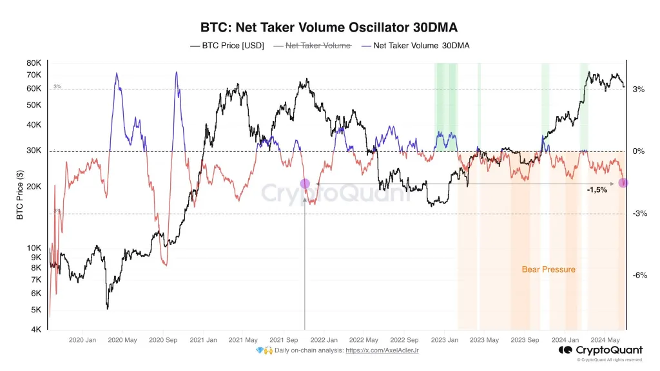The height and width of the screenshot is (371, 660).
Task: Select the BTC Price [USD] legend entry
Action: tap(227, 46)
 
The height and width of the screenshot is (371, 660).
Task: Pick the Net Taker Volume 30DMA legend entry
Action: tap(415, 46)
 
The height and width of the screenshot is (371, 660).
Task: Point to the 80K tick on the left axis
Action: tap(34, 63)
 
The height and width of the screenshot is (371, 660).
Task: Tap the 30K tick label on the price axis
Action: tap(34, 151)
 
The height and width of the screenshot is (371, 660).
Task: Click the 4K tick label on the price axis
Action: tap(35, 329)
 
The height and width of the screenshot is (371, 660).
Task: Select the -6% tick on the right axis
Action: tap(639, 276)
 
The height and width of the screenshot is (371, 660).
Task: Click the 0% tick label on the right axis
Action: tap(638, 151)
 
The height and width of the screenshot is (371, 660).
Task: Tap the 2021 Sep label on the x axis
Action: tap(284, 340)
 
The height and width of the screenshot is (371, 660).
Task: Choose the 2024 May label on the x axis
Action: tap(605, 340)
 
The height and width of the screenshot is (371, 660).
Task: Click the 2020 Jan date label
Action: tap(82, 340)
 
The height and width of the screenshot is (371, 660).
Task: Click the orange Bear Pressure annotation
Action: tap(548, 269)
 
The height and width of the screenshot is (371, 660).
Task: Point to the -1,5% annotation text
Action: tap(596, 190)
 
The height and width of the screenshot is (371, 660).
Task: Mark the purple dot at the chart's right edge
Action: tap(623, 183)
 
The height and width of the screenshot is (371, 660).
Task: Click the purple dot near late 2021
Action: tap(305, 184)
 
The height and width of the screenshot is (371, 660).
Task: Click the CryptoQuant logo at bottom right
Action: tap(599, 350)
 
